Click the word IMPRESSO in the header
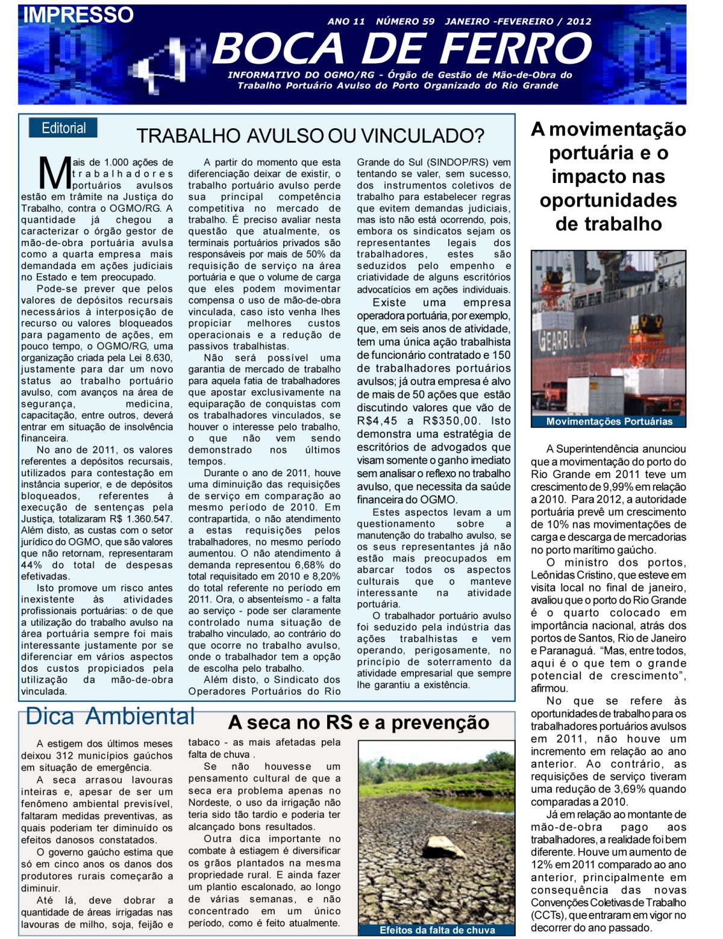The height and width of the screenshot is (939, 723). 78,14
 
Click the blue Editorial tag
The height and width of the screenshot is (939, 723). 63,128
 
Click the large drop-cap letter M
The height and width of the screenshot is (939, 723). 55,174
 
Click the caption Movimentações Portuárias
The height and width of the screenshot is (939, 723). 609,421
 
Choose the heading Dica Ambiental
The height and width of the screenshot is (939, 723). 110,716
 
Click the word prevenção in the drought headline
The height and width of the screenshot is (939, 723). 440,722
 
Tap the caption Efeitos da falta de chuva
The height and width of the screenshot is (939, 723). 437,930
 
